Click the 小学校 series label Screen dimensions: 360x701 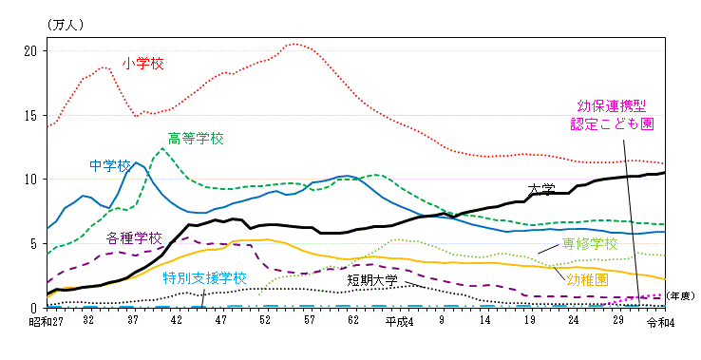pos(143,64)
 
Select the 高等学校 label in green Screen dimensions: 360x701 pos(196,139)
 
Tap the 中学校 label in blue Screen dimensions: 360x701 pos(111,165)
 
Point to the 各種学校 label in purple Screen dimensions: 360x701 pos(134,237)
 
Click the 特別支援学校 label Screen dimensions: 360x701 pos(203,278)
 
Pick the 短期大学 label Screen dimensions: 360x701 pos(372,280)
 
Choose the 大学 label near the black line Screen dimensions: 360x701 pos(541,189)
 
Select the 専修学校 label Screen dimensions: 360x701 pos(591,245)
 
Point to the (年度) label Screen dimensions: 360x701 pos(677,296)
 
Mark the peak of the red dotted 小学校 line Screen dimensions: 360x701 pos(294,44)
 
